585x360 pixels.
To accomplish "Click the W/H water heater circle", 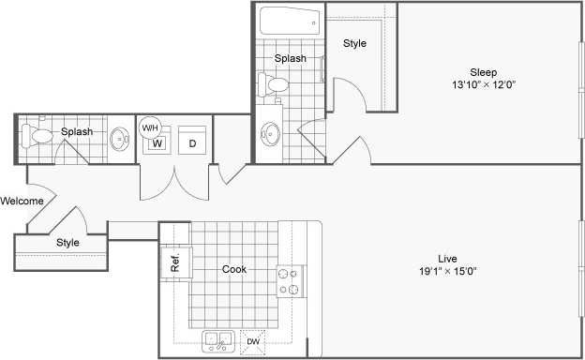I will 150,127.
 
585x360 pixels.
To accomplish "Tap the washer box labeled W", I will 158,143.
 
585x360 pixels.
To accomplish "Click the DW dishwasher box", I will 252,343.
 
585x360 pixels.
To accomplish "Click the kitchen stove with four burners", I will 290,279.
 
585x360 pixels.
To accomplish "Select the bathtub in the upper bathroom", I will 289,22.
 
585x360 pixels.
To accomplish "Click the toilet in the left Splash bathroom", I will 41,137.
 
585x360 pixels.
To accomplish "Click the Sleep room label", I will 484,72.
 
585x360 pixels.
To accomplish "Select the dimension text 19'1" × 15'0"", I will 446,272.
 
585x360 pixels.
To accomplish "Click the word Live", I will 446,258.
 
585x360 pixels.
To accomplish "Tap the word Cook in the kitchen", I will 234,269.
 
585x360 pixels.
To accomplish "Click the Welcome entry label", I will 21,201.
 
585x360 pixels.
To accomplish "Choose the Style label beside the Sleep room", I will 354,43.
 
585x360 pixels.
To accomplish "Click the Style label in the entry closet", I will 67,243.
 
